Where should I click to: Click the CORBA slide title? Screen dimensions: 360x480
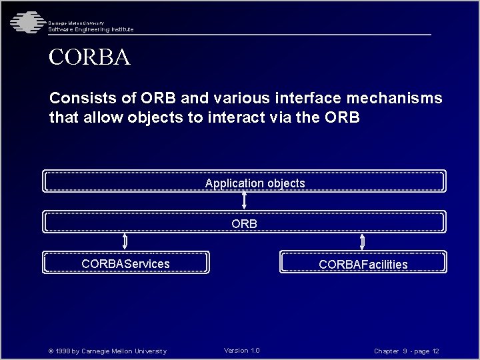click(x=89, y=56)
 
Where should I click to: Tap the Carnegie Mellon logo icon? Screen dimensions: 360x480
click(x=25, y=22)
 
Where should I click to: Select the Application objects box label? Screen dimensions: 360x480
click(x=255, y=183)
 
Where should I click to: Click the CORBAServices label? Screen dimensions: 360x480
click(x=125, y=264)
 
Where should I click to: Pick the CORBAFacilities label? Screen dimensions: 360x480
click(x=363, y=265)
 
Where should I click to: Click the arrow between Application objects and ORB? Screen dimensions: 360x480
click(x=245, y=200)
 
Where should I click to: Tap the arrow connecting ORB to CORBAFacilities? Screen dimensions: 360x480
click(x=363, y=241)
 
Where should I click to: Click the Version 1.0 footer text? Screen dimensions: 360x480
click(x=242, y=351)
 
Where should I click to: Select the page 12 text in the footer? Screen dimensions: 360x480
click(x=426, y=351)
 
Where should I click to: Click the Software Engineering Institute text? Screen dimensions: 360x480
click(x=91, y=29)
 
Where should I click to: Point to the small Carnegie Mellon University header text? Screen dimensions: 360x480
click(x=76, y=23)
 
